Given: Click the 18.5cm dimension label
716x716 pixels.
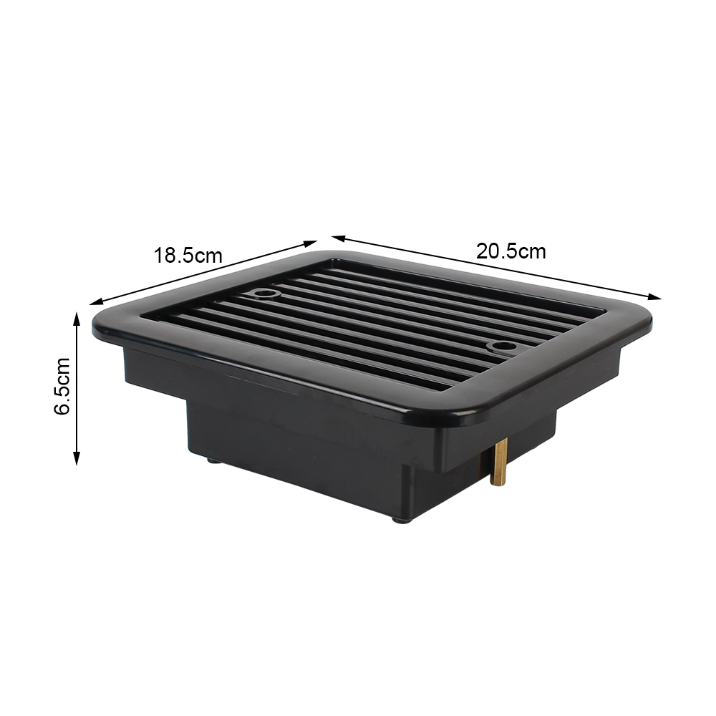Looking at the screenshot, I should pyautogui.click(x=188, y=255).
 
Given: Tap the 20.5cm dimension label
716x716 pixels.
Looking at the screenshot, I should pyautogui.click(x=511, y=251).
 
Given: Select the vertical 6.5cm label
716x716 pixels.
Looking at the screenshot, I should pyautogui.click(x=62, y=386).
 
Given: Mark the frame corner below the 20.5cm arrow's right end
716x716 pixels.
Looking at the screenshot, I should pyautogui.click(x=644, y=315).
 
